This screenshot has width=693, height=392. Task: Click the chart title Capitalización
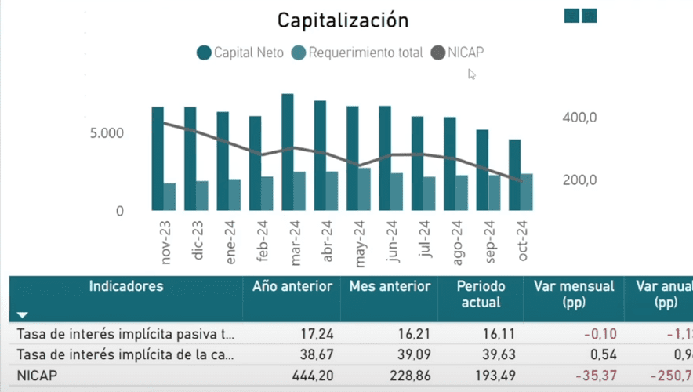pos(343,20)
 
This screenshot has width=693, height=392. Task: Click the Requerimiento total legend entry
pos(357,53)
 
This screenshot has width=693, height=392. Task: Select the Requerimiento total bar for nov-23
pos(169,196)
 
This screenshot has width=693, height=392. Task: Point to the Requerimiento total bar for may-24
pos(365,189)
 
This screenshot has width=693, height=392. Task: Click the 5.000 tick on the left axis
pos(107,133)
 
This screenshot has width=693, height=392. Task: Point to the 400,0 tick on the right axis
pos(580,118)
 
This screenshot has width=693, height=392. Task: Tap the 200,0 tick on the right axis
pos(580,180)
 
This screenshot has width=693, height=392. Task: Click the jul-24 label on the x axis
pos(425,240)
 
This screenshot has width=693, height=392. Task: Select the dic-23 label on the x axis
pos(198,240)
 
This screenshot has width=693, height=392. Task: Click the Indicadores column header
pos(125,286)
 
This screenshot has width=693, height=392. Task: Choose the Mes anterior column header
pos(390,286)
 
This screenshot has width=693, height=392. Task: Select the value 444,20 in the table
pos(313,376)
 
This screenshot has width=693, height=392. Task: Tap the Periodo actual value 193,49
pos(483,376)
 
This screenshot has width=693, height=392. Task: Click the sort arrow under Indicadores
pos(22,314)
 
